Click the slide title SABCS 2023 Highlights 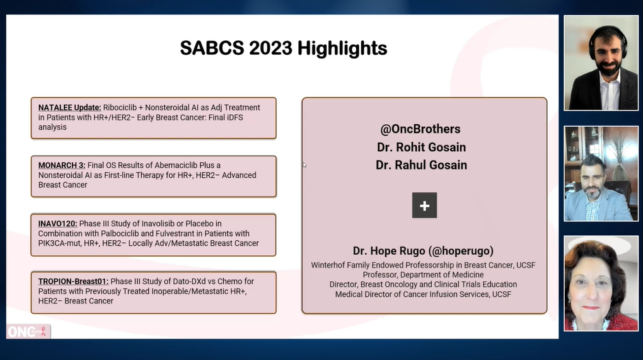(x=283, y=48)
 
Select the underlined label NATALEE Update (x=69, y=108)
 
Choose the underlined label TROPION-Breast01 (x=73, y=282)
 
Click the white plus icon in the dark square (x=424, y=206)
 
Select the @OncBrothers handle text (x=420, y=129)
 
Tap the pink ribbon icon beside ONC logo (x=43, y=332)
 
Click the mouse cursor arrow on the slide (x=304, y=165)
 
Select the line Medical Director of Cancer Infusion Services (x=423, y=294)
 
